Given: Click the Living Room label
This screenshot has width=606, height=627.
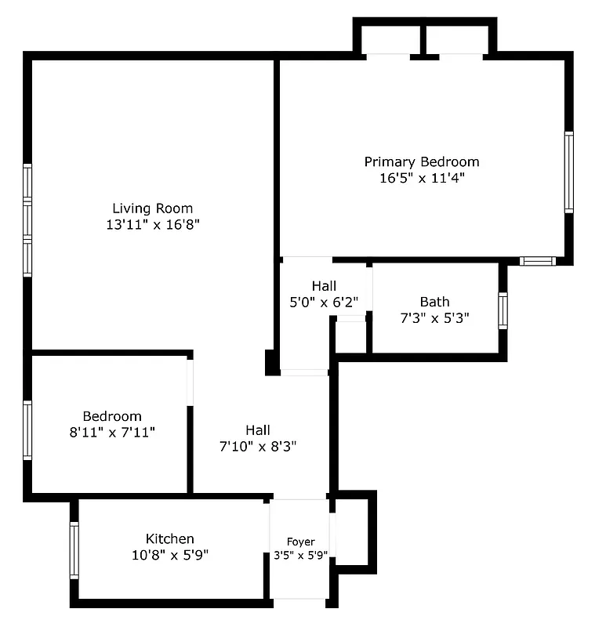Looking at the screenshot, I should (152, 208).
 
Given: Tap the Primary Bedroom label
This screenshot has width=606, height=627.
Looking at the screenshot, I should (421, 162).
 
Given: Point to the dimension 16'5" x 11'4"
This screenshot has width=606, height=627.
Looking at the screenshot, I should (421, 178).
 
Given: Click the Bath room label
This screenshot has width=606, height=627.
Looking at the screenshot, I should (434, 302).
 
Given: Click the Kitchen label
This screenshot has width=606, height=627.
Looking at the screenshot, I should (170, 539).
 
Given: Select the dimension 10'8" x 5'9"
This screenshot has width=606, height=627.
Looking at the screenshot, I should (170, 555).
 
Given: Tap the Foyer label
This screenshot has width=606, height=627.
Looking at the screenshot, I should (300, 542).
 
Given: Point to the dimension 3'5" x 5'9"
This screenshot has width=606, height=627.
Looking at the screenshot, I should (300, 556).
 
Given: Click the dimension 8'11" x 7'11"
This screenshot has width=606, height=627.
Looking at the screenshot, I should (112, 432).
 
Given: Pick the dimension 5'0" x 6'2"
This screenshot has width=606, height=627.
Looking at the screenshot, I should (324, 302).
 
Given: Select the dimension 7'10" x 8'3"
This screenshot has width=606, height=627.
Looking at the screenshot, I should (258, 446).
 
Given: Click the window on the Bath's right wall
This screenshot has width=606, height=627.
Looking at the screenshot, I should (503, 310).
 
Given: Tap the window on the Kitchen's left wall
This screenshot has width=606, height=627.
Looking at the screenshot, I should (74, 550).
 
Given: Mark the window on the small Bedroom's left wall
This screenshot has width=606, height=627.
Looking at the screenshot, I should (27, 430).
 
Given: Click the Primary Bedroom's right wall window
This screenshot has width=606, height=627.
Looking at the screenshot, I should (569, 172).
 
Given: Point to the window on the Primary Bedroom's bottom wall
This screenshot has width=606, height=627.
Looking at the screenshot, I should (538, 261).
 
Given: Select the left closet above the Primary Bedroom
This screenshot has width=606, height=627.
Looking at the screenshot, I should (389, 38).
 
